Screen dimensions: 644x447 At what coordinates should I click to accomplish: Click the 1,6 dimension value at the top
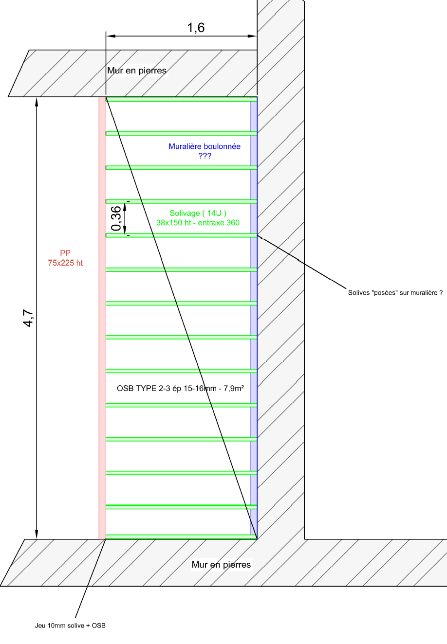pos(196,28)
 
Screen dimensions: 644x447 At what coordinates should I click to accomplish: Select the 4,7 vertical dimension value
pos(29,318)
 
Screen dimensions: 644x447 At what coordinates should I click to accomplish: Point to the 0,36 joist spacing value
pos(116,218)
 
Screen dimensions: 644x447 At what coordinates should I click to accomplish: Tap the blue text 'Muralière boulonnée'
pos(205,146)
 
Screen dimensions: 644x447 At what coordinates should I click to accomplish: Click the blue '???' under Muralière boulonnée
pos(205,156)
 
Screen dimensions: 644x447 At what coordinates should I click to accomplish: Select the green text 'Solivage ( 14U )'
pos(198,213)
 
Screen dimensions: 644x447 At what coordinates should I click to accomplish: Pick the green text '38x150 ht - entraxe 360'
pos(198,223)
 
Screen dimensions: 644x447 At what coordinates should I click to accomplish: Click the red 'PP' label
pos(65,253)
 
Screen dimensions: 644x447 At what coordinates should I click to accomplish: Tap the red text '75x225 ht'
pos(65,263)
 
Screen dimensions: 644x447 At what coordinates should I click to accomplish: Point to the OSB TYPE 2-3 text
pos(180,389)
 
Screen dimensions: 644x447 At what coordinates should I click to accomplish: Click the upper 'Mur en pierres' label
pos(137,71)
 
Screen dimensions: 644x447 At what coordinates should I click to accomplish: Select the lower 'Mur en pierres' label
pos(221,565)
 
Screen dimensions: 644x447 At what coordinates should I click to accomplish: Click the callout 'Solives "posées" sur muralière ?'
pos(395,293)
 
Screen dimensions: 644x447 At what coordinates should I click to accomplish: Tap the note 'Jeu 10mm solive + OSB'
pos(70,626)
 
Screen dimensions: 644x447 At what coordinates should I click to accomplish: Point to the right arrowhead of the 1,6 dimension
pos(253,36)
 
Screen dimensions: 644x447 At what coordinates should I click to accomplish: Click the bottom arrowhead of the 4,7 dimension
pos(37,535)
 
